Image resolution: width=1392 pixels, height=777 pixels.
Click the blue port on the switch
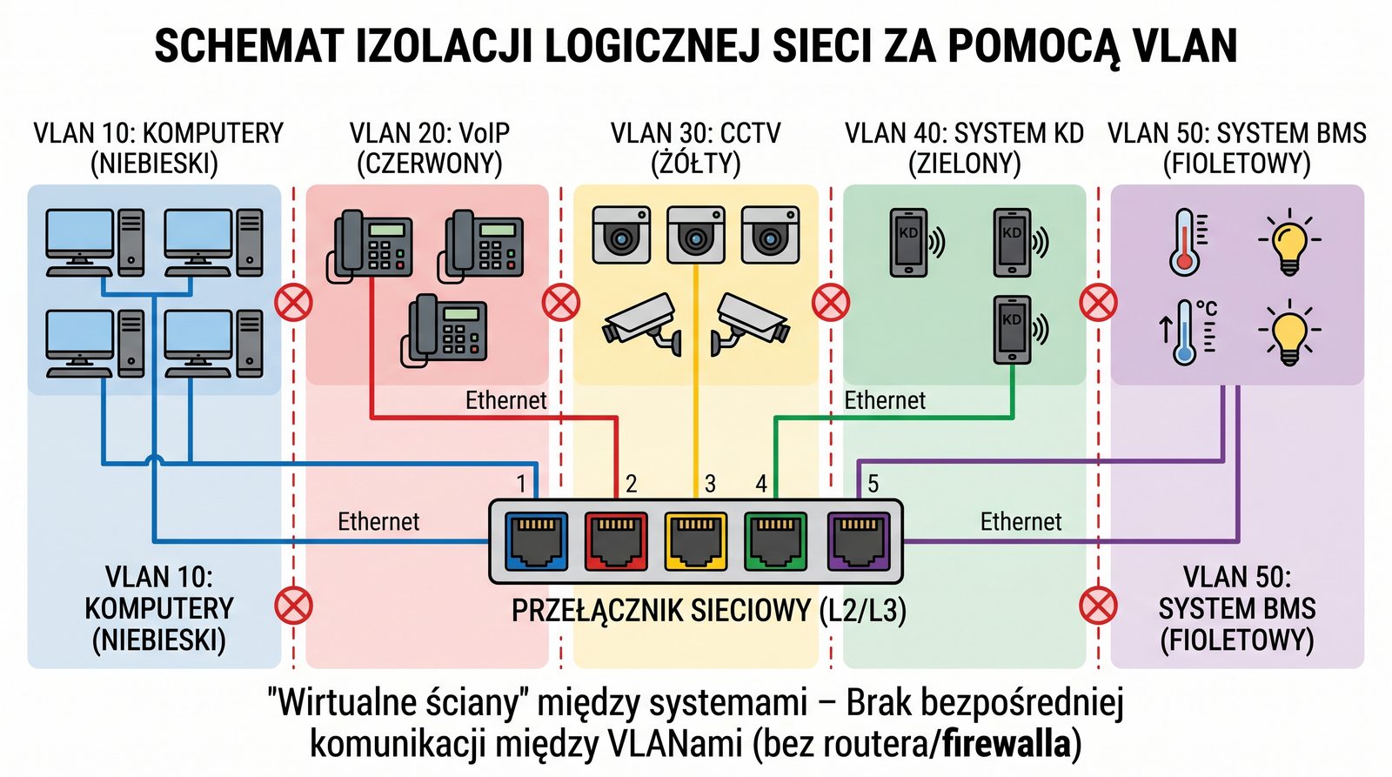536,540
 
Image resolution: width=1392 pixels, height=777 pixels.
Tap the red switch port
616,540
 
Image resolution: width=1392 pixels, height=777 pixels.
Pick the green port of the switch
775,540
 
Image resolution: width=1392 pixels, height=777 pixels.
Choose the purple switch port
858,540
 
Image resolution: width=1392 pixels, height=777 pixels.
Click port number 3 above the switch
710,484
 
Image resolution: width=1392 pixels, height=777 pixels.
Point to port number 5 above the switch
873,484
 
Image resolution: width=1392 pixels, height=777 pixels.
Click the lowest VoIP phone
445,328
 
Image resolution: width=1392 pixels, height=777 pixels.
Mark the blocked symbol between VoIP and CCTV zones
561,303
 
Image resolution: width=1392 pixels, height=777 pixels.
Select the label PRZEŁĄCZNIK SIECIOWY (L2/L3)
708,611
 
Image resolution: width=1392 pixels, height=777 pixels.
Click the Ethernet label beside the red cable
505,400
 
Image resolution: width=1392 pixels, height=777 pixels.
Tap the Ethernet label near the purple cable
1021,521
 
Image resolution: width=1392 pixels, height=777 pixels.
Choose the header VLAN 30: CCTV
695,133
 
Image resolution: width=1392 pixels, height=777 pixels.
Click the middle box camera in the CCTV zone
695,234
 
